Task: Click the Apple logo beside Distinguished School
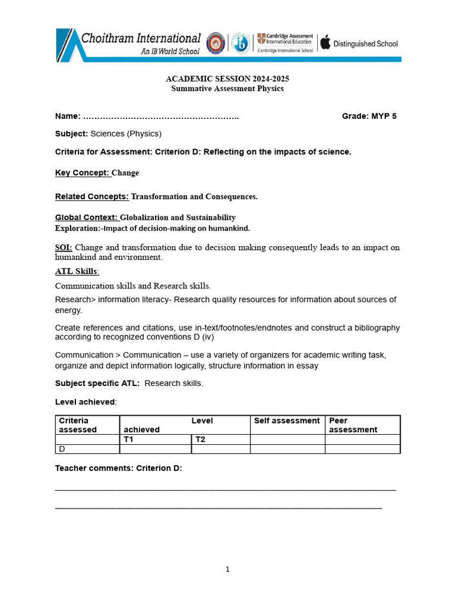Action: (325, 43)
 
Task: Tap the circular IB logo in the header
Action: (240, 43)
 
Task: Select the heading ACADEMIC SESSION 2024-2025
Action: (227, 79)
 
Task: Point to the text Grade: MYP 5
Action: (369, 116)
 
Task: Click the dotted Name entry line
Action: (160, 117)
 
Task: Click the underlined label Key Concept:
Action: (83, 173)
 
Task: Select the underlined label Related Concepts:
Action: (91, 196)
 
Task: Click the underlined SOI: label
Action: (64, 247)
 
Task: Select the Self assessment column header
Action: (287, 421)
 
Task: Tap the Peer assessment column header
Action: (353, 425)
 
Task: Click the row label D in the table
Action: (62, 449)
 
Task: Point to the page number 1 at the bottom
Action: (227, 569)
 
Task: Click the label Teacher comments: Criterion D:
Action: (118, 469)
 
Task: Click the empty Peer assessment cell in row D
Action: (362, 449)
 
